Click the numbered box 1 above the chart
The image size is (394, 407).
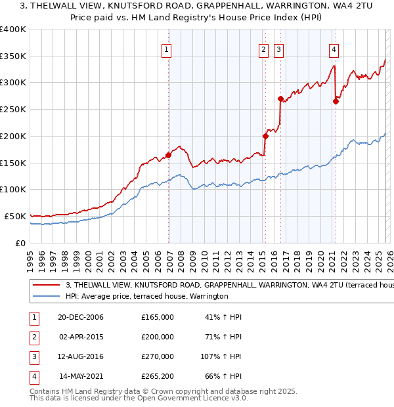tap(166, 49)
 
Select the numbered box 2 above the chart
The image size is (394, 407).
tap(263, 49)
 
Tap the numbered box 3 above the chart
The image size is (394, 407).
tap(279, 49)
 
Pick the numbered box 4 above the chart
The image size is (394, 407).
tap(334, 49)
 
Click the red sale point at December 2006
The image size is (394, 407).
tap(169, 155)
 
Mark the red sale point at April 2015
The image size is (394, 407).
tap(265, 137)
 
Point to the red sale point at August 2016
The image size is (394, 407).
tap(281, 99)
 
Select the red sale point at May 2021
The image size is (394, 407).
tap(336, 102)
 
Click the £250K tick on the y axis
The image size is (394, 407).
tap(13, 110)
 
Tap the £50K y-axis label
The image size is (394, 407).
tap(15, 216)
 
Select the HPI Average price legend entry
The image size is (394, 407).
tap(146, 297)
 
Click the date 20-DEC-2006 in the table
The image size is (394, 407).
tap(81, 317)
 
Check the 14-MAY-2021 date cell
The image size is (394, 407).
tap(81, 377)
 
